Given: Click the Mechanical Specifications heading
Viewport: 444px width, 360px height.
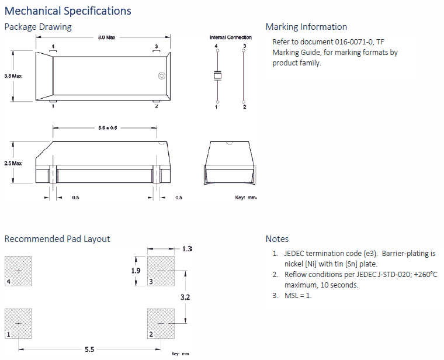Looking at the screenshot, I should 68,11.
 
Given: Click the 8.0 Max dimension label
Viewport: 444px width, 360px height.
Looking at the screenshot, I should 107,37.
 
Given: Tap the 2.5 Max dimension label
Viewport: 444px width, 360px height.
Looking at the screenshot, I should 13,164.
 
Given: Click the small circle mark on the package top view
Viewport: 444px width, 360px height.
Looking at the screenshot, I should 162,76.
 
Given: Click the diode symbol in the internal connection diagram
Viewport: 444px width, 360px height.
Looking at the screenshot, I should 217,75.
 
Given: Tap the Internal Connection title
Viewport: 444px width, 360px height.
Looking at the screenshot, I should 231,37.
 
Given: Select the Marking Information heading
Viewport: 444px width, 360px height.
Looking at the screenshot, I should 306,27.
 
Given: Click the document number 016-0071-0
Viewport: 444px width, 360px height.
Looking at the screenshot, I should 354,42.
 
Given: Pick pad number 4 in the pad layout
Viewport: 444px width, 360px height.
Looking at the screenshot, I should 18,271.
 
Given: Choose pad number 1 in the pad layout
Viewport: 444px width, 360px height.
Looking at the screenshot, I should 18,323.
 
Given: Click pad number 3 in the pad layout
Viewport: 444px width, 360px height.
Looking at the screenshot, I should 161,271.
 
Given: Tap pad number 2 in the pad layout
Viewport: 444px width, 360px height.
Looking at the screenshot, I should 161,323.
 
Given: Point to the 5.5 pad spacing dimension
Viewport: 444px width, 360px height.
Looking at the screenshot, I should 89,349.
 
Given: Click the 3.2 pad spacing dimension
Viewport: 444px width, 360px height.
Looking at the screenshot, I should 185,297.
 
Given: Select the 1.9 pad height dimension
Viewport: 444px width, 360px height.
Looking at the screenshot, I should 136,271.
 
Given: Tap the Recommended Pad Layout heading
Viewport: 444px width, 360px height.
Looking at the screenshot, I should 57,238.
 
